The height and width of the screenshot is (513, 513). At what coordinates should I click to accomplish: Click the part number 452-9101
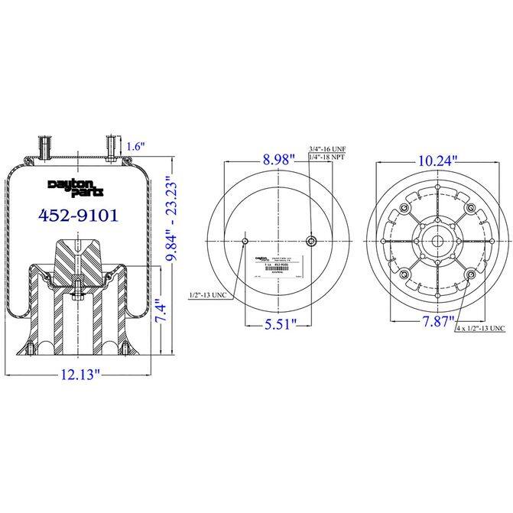(78, 215)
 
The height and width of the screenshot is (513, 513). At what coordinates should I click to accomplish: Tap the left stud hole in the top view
(245, 242)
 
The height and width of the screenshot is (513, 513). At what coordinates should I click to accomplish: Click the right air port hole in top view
(311, 242)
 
